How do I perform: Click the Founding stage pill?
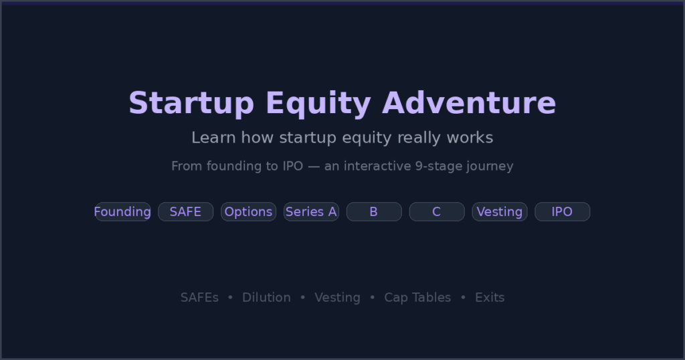coord(122,211)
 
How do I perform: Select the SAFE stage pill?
coord(185,211)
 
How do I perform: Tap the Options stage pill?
coord(248,211)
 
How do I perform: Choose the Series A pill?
coord(311,211)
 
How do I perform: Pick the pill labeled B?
coord(374,211)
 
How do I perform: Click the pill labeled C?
coord(437,211)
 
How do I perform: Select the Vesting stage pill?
coord(500,211)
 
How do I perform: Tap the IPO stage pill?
coord(562,211)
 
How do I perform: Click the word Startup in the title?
coord(191,104)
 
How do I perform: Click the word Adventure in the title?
coord(469,104)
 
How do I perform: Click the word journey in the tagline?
coord(489,166)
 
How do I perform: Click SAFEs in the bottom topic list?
coord(199,297)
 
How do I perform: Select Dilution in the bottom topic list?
coord(266,297)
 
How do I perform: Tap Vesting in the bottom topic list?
coord(337,297)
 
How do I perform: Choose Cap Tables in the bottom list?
coord(417,297)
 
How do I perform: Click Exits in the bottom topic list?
coord(490,297)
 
